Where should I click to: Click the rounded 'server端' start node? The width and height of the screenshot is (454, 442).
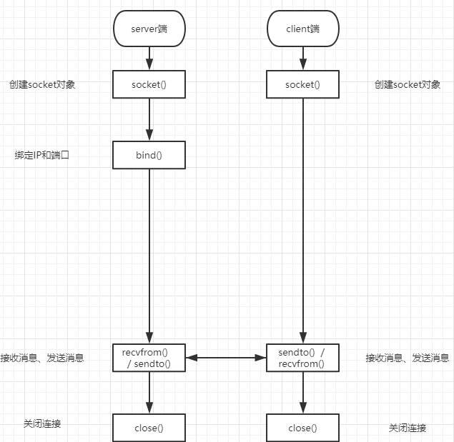tap(149, 29)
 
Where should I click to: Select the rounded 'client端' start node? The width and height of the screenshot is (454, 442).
tap(302, 29)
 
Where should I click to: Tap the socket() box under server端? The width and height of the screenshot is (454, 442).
tap(149, 84)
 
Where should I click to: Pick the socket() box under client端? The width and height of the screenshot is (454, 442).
tap(302, 84)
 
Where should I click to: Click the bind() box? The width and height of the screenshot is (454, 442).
tap(149, 155)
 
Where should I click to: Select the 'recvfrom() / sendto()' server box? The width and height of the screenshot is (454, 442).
tap(149, 358)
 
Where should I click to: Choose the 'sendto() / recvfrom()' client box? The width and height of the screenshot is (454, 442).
tap(302, 358)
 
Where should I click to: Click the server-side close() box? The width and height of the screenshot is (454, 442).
tap(149, 428)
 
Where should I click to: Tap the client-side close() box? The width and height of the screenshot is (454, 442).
tap(302, 428)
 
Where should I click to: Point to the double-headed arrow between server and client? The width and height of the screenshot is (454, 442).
tap(226, 358)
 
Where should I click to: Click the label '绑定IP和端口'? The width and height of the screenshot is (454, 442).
tap(42, 155)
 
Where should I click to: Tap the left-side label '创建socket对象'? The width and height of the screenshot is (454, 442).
tap(42, 84)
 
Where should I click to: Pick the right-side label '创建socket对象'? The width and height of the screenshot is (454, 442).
tap(408, 84)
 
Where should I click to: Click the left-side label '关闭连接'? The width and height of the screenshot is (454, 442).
tap(42, 423)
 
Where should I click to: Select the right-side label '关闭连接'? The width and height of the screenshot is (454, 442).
tap(408, 428)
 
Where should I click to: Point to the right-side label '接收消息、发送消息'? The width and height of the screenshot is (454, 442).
tap(408, 358)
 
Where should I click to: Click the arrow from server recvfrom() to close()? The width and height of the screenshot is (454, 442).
tap(149, 393)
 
